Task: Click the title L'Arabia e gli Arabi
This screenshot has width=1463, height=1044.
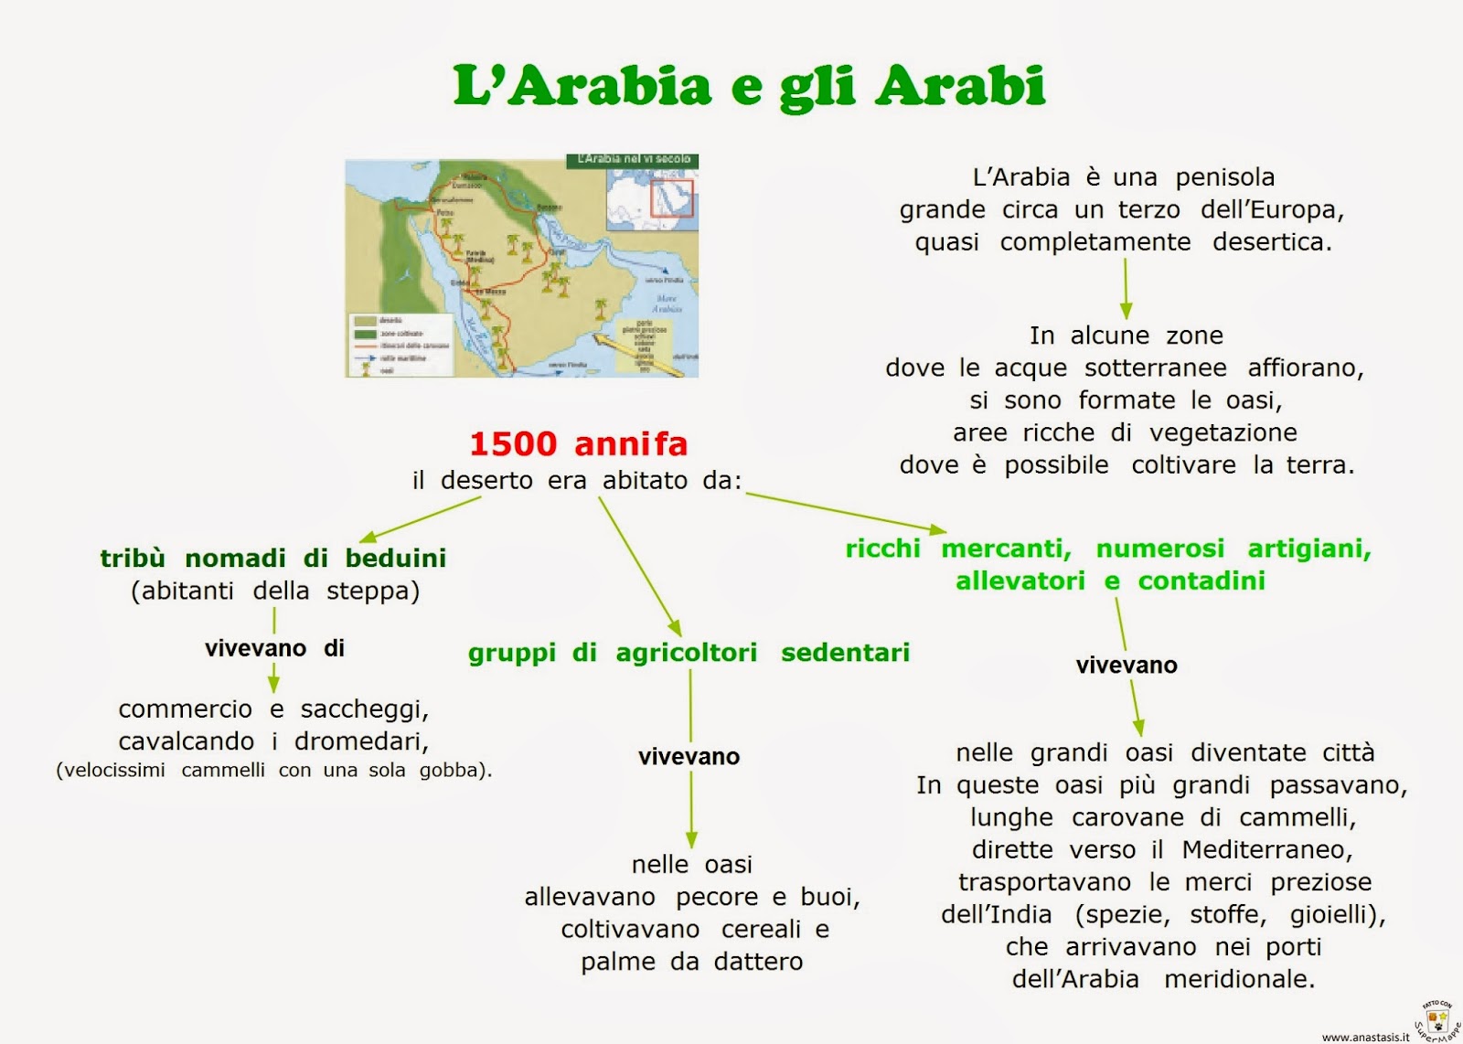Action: (749, 86)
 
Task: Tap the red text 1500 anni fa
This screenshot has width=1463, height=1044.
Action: (578, 444)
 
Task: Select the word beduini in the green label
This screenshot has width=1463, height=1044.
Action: (396, 558)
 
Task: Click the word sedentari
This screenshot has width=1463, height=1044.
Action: (845, 653)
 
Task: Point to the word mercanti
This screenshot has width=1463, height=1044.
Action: (1006, 549)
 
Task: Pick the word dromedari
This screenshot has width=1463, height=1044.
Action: (361, 740)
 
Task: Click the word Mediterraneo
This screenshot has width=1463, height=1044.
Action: (1266, 850)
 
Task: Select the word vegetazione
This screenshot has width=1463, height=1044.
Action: (1223, 432)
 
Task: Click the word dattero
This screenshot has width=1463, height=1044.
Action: (758, 962)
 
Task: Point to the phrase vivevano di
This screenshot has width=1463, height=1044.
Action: (274, 649)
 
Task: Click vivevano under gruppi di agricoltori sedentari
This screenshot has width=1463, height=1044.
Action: (689, 757)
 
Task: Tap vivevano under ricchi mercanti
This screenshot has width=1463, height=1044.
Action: (1127, 666)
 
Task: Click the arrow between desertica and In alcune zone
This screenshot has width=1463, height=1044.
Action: (1126, 288)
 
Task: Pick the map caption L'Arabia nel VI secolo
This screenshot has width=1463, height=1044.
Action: (633, 160)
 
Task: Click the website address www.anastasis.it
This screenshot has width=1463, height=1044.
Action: (1365, 1037)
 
